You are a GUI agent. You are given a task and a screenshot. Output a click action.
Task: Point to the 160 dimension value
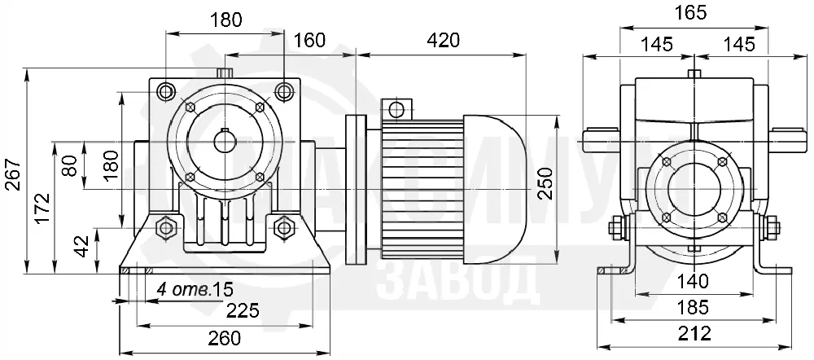tap(310, 40)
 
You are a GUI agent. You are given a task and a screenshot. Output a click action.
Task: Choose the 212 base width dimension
tap(694, 332)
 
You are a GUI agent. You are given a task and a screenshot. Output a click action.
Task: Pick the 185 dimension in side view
tap(694, 308)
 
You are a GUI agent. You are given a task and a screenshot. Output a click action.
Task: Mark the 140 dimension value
tap(694, 281)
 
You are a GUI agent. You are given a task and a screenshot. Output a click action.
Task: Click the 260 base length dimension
tap(225, 338)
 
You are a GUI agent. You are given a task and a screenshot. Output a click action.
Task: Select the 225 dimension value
tap(242, 310)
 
